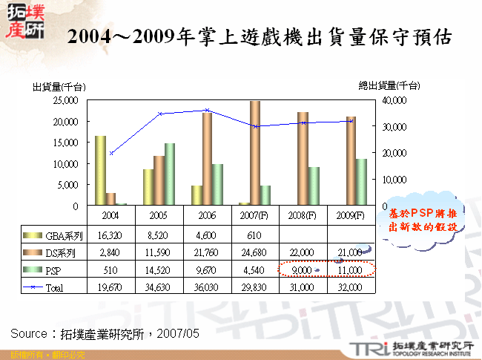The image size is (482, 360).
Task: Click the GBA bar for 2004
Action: pyautogui.click(x=99, y=170)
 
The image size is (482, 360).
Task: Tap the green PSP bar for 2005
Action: pyautogui.click(x=170, y=174)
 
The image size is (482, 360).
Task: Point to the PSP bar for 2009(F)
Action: pyautogui.click(x=361, y=182)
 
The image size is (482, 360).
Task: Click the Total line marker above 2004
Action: pyautogui.click(x=111, y=153)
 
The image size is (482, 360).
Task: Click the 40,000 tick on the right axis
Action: pyautogui.click(x=394, y=99)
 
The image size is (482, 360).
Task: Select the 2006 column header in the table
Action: pyautogui.click(x=207, y=215)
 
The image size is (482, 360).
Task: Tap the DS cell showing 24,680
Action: pyautogui.click(x=254, y=252)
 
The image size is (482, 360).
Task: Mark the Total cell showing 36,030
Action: pyautogui.click(x=207, y=287)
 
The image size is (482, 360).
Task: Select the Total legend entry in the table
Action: pyautogui.click(x=56, y=287)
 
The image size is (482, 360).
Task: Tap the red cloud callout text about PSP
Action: pyautogui.click(x=422, y=220)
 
